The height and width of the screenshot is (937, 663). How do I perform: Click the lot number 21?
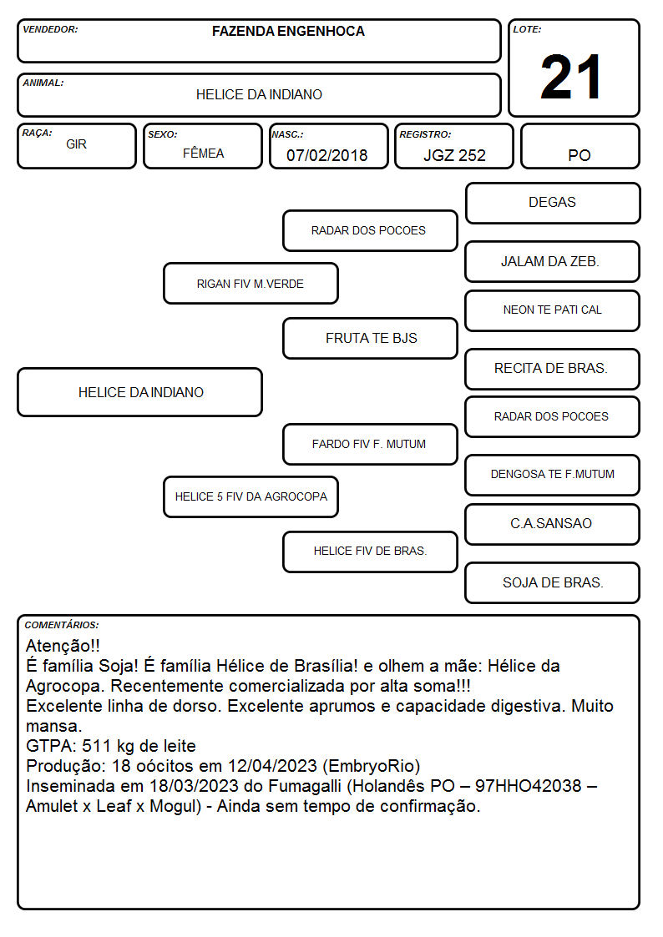571,77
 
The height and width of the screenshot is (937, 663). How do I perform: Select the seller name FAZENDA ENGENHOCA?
288,31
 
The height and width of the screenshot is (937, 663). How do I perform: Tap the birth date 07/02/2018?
327,155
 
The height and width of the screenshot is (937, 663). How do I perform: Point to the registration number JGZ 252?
454,155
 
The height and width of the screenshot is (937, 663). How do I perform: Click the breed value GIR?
76,144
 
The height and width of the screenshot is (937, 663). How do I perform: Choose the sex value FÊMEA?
203,153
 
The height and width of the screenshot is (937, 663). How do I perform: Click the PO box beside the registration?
579,146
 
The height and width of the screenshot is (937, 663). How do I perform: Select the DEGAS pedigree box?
553,204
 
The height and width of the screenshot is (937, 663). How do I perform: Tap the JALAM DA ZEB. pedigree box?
553,261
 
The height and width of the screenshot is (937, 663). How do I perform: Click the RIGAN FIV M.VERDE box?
251,283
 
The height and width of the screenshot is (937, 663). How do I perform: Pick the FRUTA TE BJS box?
370,338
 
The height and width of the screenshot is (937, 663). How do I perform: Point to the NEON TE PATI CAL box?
553,310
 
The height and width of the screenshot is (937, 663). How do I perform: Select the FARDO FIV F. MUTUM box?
370,444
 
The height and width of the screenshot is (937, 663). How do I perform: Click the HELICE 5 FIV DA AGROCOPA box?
251,496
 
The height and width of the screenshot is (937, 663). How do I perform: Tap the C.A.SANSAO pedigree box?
553,524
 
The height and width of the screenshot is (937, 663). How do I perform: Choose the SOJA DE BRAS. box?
553,582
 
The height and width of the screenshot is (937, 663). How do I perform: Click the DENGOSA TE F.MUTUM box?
553,475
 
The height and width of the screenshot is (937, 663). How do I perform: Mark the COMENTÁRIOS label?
62,625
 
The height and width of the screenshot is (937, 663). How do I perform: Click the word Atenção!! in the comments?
63,645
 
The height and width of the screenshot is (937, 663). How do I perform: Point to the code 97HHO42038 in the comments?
528,786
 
